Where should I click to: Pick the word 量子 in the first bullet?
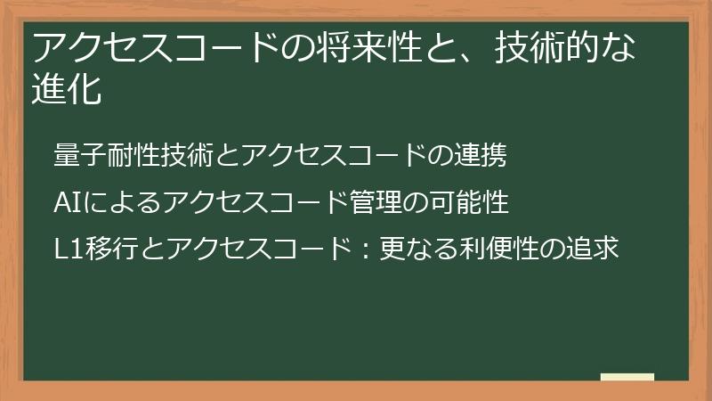[x=77, y=155]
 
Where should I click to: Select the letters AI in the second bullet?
[x=66, y=202]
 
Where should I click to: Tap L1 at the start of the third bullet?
[x=68, y=250]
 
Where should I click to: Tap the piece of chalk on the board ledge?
[x=627, y=378]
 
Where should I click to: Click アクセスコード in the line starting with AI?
[x=247, y=202]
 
